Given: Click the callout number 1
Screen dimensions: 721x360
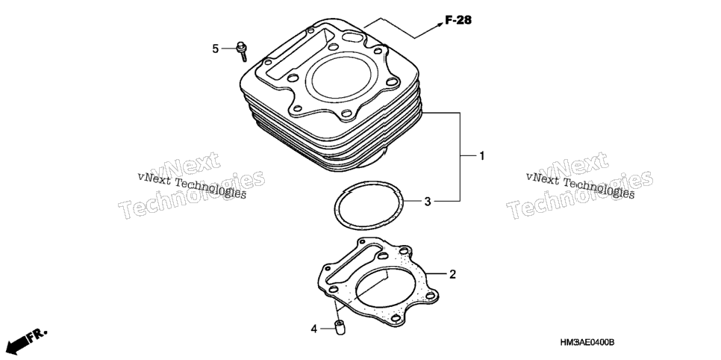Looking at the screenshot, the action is (482, 156).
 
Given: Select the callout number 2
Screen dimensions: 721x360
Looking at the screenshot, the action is (452, 274).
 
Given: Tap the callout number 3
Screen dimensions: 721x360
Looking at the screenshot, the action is (428, 201).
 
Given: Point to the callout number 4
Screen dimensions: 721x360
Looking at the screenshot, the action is (314, 329).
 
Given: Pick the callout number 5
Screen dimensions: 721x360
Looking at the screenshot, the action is (215, 49).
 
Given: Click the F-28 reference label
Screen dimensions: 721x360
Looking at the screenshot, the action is (458, 20).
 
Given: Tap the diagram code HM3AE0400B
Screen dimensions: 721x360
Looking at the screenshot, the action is (587, 343).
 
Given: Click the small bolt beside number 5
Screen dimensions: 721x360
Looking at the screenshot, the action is (241, 51).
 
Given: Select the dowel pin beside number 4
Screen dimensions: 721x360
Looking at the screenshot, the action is (340, 327).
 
